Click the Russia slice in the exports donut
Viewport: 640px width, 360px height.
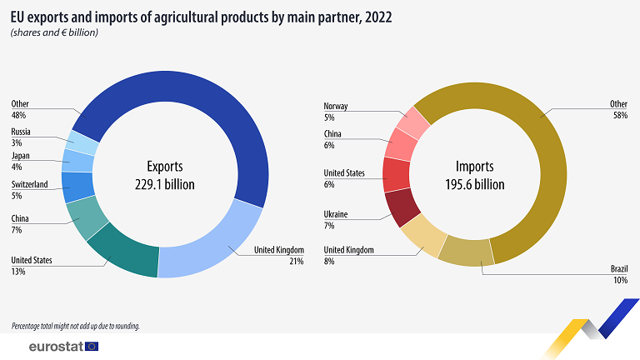82,142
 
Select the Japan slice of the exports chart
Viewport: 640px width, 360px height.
78,160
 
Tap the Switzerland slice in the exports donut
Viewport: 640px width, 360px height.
77,187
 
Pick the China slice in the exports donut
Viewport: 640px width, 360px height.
87,217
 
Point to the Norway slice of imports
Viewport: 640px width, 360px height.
413,122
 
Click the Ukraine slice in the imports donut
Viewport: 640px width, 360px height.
401,207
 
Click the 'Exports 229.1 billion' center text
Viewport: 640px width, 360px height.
165,176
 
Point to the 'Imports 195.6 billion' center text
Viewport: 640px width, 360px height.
475,176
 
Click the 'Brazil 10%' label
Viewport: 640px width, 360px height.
619,274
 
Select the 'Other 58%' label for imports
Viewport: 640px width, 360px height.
619,109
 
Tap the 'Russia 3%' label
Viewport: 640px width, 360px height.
21,137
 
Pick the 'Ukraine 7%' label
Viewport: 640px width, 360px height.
336,220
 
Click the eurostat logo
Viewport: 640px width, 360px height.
63,347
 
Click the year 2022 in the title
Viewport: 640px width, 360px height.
378,17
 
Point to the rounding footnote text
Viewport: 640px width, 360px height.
76,326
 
